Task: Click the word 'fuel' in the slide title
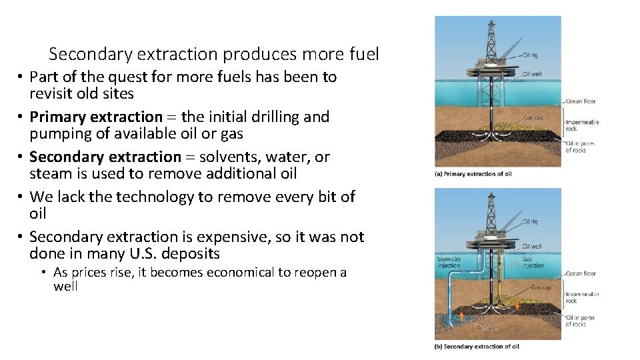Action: point(363,53)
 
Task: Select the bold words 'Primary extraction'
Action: point(96,117)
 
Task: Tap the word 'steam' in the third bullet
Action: point(48,174)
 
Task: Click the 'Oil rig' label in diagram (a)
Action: point(530,55)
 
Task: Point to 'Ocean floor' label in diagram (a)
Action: point(581,101)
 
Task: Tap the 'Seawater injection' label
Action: point(449,262)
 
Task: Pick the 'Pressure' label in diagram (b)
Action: point(487,328)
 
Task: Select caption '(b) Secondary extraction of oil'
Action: point(477,347)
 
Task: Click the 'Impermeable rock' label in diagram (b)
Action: point(581,297)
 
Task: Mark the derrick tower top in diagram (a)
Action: point(491,24)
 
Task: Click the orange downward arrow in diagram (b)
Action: point(514,299)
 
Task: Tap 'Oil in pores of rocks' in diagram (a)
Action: point(580,147)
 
